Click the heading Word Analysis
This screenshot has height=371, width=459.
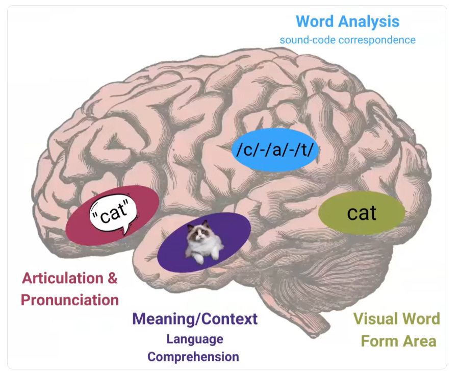click(347, 21)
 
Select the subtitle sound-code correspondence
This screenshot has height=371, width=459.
click(347, 39)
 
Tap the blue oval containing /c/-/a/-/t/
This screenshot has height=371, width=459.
click(275, 149)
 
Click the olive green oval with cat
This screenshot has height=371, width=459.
click(362, 212)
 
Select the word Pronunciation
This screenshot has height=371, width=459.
click(70, 300)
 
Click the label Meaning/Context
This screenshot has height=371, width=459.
click(195, 319)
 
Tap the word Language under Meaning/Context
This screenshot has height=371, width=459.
click(195, 338)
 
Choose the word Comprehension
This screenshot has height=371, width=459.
click(193, 356)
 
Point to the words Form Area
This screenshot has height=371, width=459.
click(398, 340)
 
